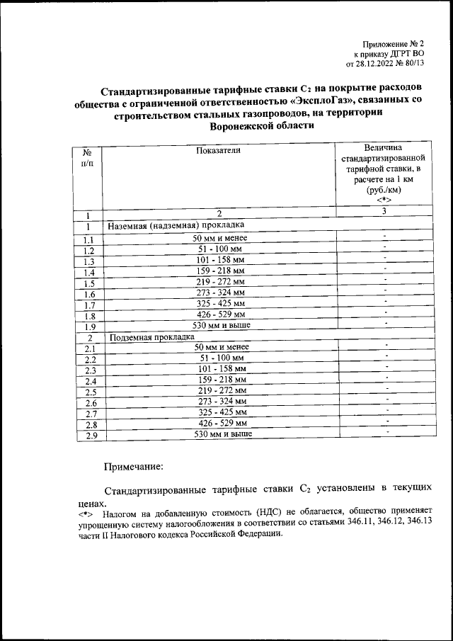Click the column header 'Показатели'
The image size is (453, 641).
point(219,150)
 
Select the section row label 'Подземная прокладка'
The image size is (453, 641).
point(150,337)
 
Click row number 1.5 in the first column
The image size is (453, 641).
point(89,284)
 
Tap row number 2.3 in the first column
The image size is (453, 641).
point(90,371)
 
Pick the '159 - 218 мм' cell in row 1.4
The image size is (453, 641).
point(221,271)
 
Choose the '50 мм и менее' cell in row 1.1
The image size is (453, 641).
point(221,238)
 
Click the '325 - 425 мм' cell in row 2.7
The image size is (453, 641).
point(221,412)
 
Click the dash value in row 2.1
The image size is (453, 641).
point(388,346)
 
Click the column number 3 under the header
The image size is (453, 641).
point(383,211)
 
